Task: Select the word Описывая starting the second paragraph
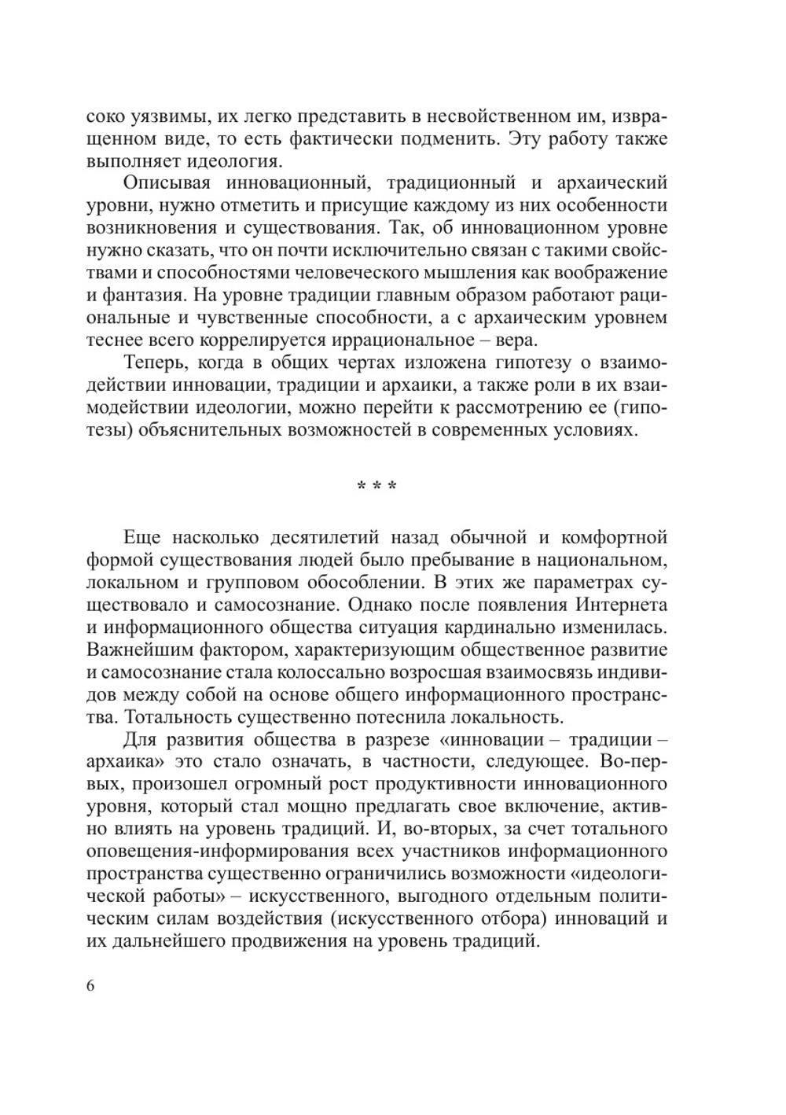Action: click(x=167, y=182)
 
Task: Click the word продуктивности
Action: click(x=443, y=786)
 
